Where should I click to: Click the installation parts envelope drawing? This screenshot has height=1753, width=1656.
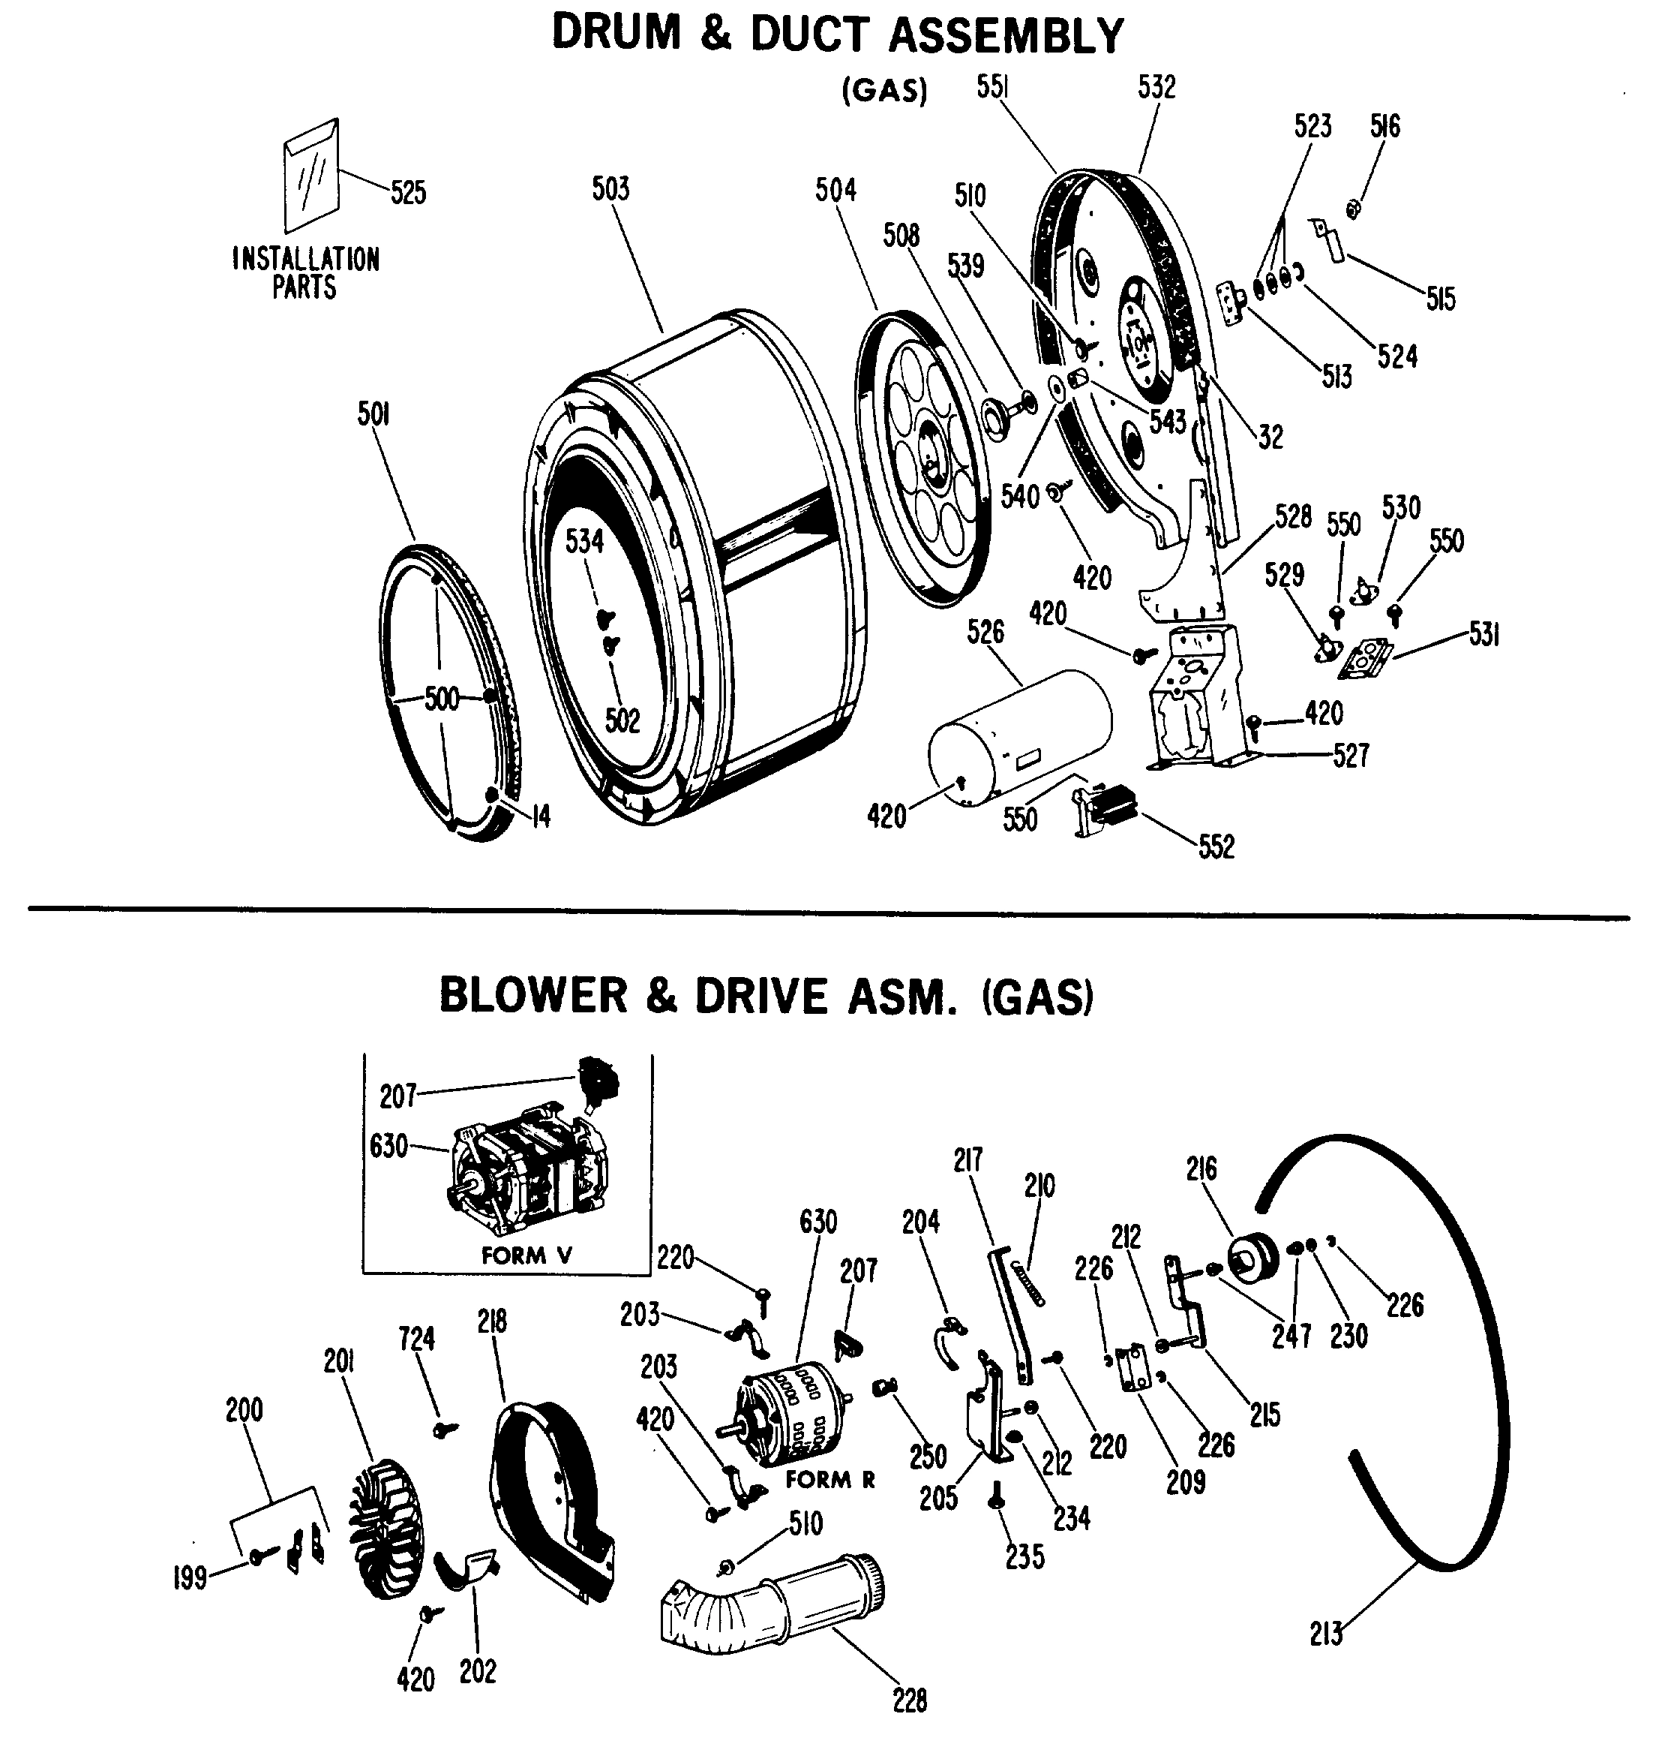310,176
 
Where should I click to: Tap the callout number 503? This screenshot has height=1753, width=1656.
610,189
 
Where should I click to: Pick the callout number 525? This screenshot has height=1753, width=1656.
408,193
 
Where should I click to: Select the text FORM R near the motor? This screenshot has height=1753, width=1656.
829,1479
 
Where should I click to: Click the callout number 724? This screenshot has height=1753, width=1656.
417,1339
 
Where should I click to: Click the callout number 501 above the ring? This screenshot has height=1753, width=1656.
373,414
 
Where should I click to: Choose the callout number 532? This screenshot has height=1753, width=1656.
1156,88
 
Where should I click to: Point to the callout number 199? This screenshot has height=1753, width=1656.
190,1577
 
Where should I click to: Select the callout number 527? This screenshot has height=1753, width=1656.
1351,756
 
